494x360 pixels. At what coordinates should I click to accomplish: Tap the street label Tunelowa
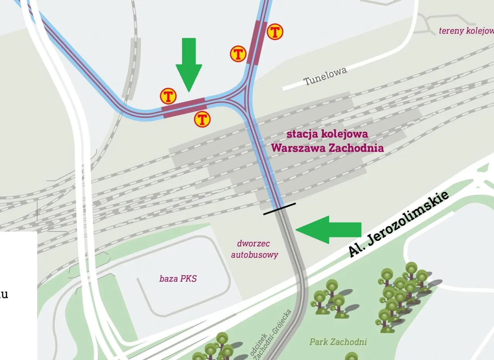pyautogui.click(x=325, y=76)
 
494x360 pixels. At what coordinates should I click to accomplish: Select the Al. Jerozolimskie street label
pyautogui.click(x=399, y=224)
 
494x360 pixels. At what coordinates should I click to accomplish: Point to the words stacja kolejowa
pyautogui.click(x=327, y=134)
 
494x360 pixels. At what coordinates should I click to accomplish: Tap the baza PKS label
pyautogui.click(x=178, y=278)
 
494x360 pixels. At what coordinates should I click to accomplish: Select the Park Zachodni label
pyautogui.click(x=338, y=342)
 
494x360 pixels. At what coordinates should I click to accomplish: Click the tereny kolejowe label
pyautogui.click(x=466, y=31)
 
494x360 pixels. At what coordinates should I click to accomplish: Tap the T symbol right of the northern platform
pyautogui.click(x=275, y=32)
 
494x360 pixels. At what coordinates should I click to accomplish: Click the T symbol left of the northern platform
pyautogui.click(x=238, y=54)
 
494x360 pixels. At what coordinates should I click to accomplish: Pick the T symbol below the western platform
pyautogui.click(x=202, y=119)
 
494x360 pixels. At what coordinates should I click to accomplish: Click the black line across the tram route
pyautogui.click(x=279, y=209)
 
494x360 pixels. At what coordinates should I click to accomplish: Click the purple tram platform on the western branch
pyautogui.click(x=184, y=108)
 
